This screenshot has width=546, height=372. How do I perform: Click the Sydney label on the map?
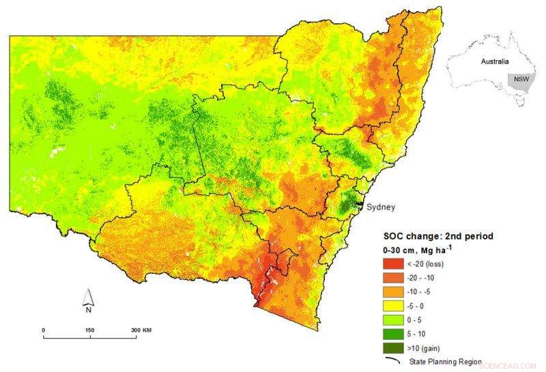[381, 207]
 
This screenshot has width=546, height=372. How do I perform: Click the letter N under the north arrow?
[88, 309]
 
